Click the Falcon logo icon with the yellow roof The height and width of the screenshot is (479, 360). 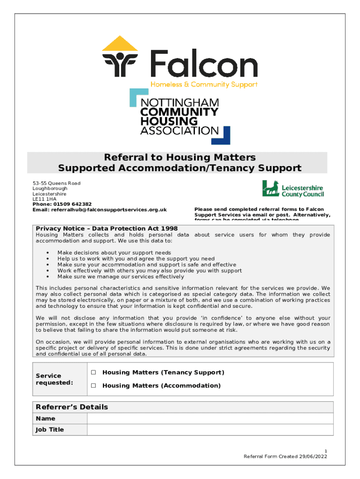(x=120, y=57)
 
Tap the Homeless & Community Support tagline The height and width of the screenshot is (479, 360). (x=203, y=85)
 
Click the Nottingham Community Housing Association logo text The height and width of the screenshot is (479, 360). (x=180, y=116)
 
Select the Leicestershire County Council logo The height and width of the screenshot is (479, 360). (x=293, y=189)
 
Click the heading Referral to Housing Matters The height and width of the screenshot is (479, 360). (x=180, y=157)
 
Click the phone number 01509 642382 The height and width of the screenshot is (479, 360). (x=75, y=204)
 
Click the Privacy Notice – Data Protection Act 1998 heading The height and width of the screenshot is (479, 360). (x=107, y=229)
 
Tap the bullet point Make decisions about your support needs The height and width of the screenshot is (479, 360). (x=114, y=252)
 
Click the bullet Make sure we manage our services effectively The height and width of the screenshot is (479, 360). (x=121, y=276)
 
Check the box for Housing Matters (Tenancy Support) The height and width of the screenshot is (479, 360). (x=94, y=373)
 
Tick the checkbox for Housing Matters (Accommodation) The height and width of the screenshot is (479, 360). (x=94, y=386)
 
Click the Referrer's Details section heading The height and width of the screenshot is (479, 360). (x=72, y=407)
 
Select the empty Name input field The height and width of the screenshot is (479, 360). (x=210, y=419)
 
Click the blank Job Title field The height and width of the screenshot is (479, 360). (x=210, y=430)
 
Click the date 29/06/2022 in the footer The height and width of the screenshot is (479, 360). (x=312, y=457)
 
